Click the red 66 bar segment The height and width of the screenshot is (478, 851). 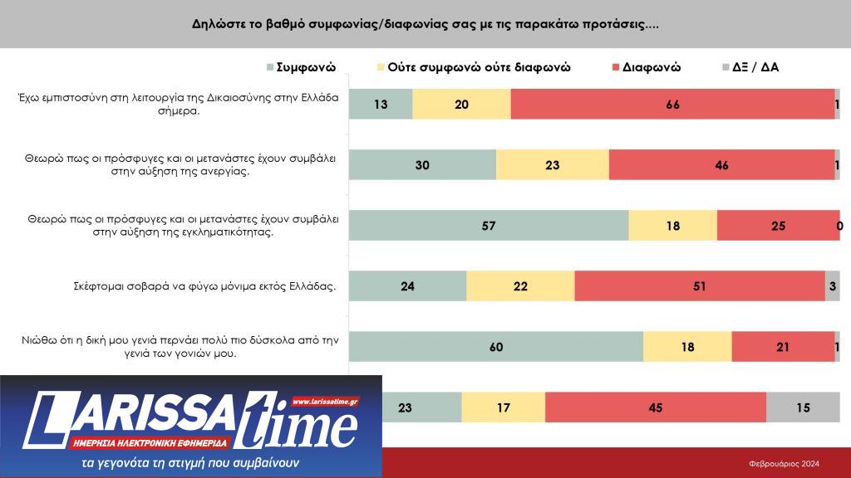click(x=672, y=105)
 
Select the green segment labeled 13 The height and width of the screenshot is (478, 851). click(x=381, y=105)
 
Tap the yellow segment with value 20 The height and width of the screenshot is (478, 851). click(x=462, y=105)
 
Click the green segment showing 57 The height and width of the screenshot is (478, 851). click(x=489, y=226)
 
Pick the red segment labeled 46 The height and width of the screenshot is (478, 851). click(x=721, y=165)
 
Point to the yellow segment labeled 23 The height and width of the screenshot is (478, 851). click(x=553, y=165)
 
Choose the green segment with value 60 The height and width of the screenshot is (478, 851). click(x=496, y=347)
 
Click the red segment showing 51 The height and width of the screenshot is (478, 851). click(x=700, y=286)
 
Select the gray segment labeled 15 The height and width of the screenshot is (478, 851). click(x=803, y=407)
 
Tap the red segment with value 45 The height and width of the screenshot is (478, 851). click(x=656, y=407)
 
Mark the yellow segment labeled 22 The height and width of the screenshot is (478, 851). click(x=520, y=286)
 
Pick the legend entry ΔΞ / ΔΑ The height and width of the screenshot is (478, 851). click(x=755, y=67)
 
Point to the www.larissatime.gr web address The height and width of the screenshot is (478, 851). click(x=325, y=402)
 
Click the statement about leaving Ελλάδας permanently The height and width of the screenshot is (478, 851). click(x=204, y=286)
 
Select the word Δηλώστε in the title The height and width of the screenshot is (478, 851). click(x=217, y=24)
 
